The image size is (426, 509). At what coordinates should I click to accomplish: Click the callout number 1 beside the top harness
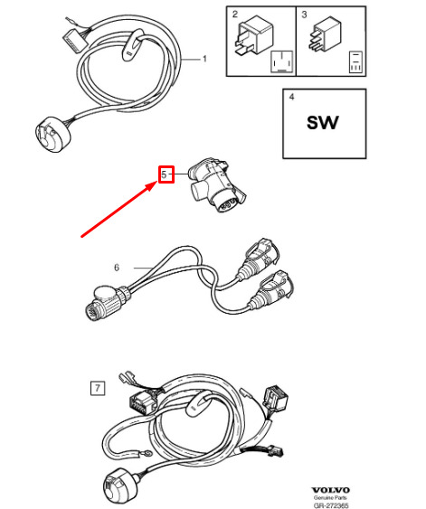coord(204,59)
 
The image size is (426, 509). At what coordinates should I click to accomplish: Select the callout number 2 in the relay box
coord(235,14)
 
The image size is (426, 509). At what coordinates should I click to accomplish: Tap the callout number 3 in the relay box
coord(304,14)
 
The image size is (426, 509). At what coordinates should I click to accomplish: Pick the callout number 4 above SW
coord(291,97)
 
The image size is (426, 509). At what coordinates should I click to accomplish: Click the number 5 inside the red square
coord(164,174)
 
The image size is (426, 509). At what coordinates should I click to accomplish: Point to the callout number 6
coord(117,268)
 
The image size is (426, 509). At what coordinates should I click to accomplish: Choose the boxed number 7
coord(98,388)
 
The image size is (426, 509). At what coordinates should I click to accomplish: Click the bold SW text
coord(323,123)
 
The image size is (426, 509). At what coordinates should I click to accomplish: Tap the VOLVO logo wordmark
coord(330,490)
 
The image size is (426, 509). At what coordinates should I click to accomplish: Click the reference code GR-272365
coord(331,505)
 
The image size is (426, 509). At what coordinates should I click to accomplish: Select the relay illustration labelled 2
coord(251,36)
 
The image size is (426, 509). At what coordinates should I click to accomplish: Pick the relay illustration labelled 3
coord(322,34)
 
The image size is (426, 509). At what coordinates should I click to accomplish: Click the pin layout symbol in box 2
coord(282,61)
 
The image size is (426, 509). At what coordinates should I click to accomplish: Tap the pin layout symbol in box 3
coord(356,61)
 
